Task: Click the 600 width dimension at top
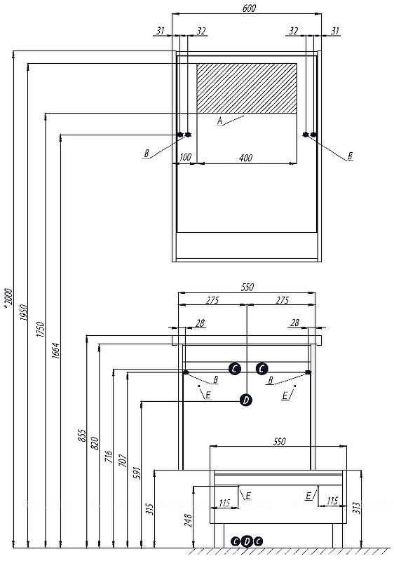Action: coord(249,8)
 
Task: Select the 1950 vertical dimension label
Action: coord(23,312)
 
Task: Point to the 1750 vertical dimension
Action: coord(40,329)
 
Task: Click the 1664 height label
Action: coord(55,351)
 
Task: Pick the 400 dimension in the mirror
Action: coord(245,157)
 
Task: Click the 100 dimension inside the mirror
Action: coord(185,156)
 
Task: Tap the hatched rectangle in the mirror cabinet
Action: coord(247,88)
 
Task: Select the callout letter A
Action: coord(220,121)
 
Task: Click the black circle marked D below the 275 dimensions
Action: coord(246,400)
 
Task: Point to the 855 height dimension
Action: coord(82,435)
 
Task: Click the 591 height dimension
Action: coord(137,473)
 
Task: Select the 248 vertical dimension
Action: coord(189,520)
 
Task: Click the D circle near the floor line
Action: coord(247,541)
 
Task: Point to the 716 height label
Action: coord(109,457)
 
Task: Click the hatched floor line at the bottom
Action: coord(292,551)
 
